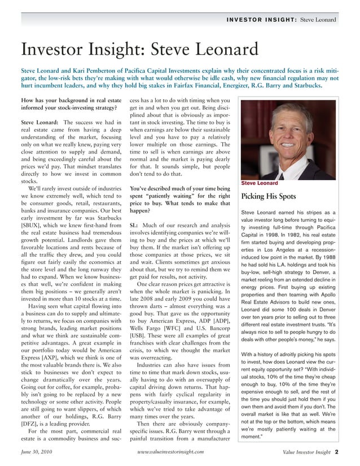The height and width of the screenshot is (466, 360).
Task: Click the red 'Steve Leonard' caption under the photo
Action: pyautogui.click(x=260, y=183)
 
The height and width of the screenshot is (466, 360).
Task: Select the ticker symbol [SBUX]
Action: pyautogui.click(x=34, y=226)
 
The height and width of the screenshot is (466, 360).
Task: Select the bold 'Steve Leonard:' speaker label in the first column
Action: pyautogui.click(x=41, y=122)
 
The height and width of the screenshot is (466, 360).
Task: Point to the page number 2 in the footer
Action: pyautogui.click(x=336, y=451)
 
